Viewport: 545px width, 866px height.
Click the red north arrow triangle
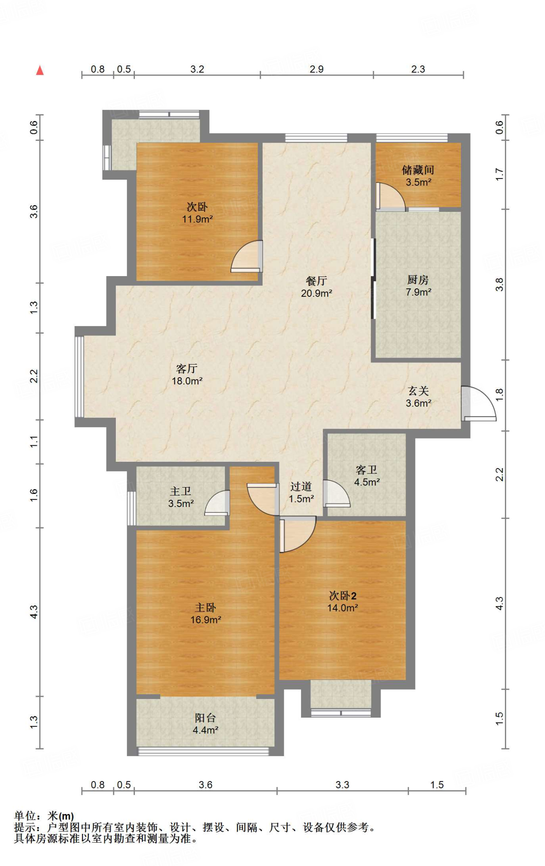point(40,70)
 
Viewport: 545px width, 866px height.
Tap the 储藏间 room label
point(418,170)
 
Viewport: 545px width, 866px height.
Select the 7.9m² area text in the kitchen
point(419,292)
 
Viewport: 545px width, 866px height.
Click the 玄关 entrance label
point(419,391)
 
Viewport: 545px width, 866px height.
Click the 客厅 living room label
point(186,369)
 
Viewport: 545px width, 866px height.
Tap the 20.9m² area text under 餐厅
point(316,293)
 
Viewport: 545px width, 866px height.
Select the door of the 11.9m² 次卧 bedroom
point(247,256)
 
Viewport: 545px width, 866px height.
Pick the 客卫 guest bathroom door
point(337,493)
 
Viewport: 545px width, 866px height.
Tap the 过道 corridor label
point(301,487)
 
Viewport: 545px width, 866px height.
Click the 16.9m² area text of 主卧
point(206,620)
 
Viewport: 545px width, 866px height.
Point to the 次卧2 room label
point(343,596)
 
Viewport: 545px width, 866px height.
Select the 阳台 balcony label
point(205,718)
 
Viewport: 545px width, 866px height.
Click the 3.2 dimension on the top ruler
point(197,69)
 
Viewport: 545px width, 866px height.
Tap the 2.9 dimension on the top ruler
point(317,69)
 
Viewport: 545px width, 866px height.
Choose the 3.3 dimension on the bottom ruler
point(342,785)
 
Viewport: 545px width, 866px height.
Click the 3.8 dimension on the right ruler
point(500,285)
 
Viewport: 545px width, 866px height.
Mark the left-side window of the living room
point(79,376)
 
